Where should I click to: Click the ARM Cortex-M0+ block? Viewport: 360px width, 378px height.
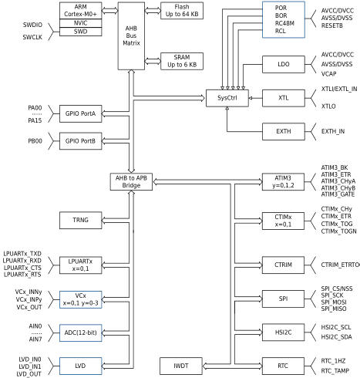pos(80,11)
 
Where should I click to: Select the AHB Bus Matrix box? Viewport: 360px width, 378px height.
pos(131,36)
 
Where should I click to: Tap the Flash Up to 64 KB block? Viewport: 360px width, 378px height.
pos(182,11)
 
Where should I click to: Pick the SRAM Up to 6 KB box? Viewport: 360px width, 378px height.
pos(182,61)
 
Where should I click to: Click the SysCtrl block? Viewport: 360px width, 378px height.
pos(227,98)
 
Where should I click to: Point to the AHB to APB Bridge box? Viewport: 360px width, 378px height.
pos(131,182)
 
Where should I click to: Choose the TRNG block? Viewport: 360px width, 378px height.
pos(80,220)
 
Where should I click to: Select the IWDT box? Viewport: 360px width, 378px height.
pos(181,366)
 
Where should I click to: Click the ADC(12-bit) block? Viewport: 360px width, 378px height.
pos(80,332)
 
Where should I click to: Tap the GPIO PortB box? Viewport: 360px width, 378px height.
pos(80,141)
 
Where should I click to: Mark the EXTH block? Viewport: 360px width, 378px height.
pos(284,131)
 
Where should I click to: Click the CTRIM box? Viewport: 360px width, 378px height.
pos(283,265)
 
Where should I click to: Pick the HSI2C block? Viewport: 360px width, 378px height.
pos(283,332)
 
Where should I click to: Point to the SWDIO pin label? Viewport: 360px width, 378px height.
pos(32,25)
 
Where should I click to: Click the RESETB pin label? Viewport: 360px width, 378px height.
pos(332,25)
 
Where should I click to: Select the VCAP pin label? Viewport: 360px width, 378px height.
pos(328,74)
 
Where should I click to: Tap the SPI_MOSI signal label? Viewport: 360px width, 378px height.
pos(334,302)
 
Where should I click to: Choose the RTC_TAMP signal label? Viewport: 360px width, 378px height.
pos(335,371)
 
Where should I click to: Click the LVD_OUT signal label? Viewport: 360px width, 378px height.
pos(29,374)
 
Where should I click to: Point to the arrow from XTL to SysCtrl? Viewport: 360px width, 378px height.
pos(255,98)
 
